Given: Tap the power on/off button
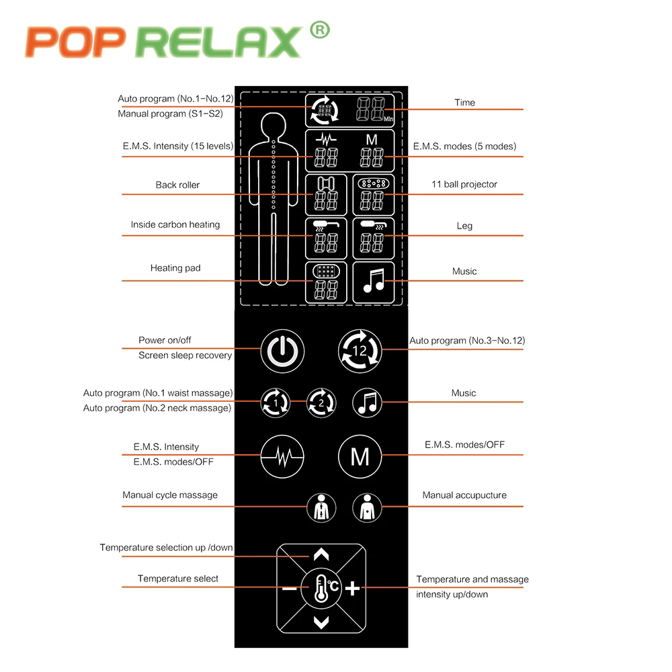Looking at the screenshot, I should coord(282,350).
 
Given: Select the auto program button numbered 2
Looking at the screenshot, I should coord(321,403).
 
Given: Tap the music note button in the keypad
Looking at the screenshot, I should coord(367,403).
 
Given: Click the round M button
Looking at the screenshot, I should coord(360,457).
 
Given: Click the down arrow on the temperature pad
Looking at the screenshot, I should coord(321,622).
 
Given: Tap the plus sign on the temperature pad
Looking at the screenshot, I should coord(353,589).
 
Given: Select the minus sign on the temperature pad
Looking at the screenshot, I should coord(289,589).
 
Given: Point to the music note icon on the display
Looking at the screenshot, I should coord(373,281).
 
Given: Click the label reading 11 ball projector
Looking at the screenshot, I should coord(464,184).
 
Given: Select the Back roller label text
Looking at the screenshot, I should coord(177,185).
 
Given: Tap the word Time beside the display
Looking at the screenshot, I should coord(464,103).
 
